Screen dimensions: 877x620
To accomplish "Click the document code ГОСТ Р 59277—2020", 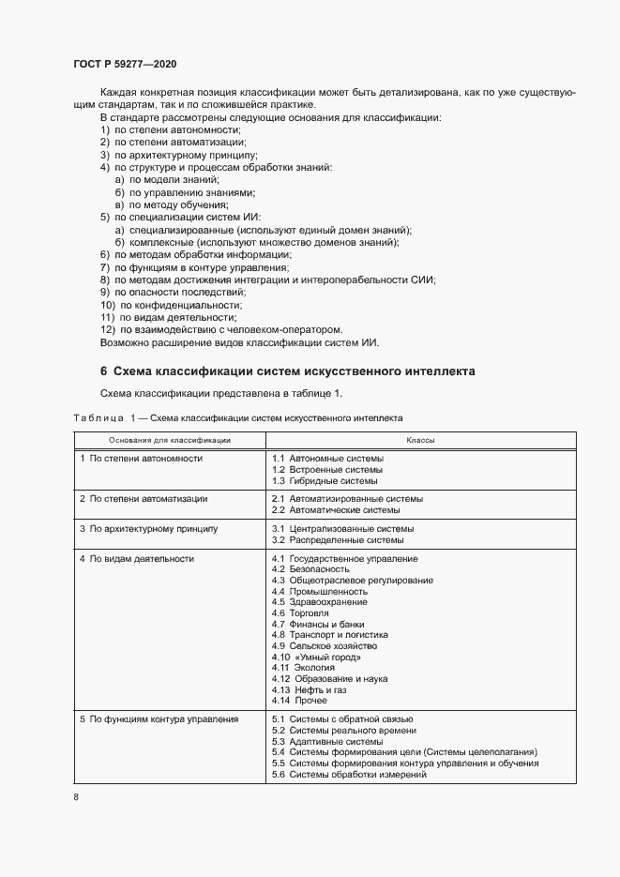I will [x=124, y=64].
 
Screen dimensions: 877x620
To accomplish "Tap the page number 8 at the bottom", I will [x=75, y=796].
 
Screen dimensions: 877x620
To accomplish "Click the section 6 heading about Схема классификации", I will [x=287, y=371].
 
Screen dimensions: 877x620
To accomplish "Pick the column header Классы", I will [x=419, y=439].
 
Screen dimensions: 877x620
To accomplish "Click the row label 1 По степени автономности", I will [x=141, y=458].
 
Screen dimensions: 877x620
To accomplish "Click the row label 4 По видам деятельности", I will [x=137, y=558].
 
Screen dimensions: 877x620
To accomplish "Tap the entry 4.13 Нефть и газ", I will [x=309, y=689].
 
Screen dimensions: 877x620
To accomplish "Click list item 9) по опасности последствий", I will [x=161, y=293].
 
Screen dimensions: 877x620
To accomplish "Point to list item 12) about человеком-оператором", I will [x=220, y=329].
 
